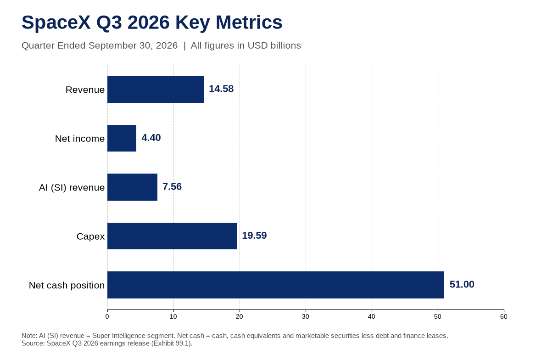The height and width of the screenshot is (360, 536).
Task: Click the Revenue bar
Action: tap(156, 90)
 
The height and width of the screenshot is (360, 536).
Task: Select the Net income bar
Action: tap(122, 138)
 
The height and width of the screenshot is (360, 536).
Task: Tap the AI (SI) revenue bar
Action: tap(132, 187)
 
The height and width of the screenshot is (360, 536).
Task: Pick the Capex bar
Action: tap(172, 236)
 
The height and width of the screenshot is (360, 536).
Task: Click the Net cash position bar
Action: tap(276, 285)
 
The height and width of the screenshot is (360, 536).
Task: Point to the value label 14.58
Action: tap(221, 89)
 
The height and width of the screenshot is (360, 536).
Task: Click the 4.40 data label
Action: tap(151, 138)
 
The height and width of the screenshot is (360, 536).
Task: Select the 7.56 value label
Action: tap(172, 186)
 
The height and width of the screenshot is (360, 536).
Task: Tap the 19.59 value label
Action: tap(254, 236)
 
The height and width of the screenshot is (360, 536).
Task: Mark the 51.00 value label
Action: tap(462, 284)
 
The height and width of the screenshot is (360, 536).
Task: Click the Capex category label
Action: tap(90, 236)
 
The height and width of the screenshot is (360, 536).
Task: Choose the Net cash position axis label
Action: tap(67, 286)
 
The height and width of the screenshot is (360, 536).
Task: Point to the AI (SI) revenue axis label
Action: tap(72, 187)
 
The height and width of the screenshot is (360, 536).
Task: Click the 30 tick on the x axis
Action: tap(306, 316)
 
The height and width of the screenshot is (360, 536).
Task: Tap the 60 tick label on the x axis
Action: tap(503, 316)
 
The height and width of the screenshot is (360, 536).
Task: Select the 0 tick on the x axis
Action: tap(107, 316)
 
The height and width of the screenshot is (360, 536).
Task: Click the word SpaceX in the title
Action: tap(56, 22)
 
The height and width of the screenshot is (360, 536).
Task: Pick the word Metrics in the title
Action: tap(249, 22)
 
